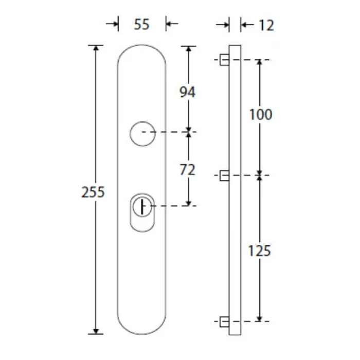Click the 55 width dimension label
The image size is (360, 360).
click(141, 24)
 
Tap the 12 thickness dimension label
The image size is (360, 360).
click(266, 25)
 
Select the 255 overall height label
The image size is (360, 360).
click(93, 192)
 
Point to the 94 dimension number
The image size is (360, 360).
click(187, 92)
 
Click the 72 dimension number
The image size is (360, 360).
click(187, 170)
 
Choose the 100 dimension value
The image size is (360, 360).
click(261, 115)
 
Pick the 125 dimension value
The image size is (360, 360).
click(260, 251)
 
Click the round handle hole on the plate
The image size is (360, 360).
click(142, 122)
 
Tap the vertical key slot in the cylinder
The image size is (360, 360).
click(142, 207)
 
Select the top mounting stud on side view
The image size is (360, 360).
click(224, 60)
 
